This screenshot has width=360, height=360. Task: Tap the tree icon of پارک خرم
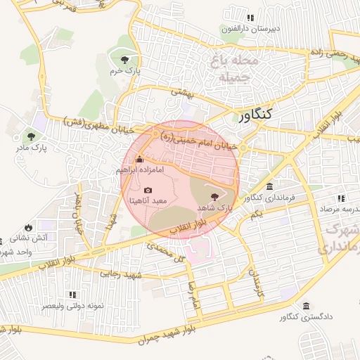[124, 59]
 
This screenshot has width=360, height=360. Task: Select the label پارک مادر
[30, 149]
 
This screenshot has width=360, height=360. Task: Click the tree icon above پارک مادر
[30, 136]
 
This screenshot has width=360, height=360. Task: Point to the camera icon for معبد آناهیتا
[148, 190]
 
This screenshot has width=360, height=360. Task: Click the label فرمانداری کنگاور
[263, 198]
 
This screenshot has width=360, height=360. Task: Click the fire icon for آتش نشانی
[27, 227]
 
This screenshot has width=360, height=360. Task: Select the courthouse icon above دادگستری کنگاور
[307, 306]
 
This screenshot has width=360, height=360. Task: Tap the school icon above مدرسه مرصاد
[340, 198]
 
